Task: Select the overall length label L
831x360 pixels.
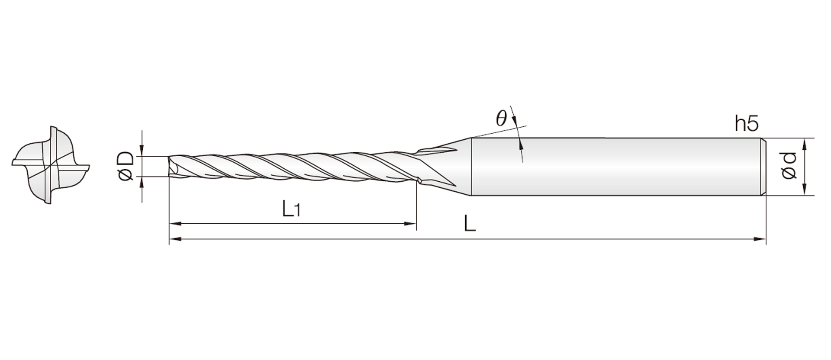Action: point(470,224)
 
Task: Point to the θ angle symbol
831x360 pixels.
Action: point(501,118)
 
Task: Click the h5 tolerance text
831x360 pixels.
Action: point(747,124)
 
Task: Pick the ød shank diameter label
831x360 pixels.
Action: point(789,166)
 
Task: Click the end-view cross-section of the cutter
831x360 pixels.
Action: point(51,165)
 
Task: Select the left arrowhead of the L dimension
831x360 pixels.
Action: point(175,238)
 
